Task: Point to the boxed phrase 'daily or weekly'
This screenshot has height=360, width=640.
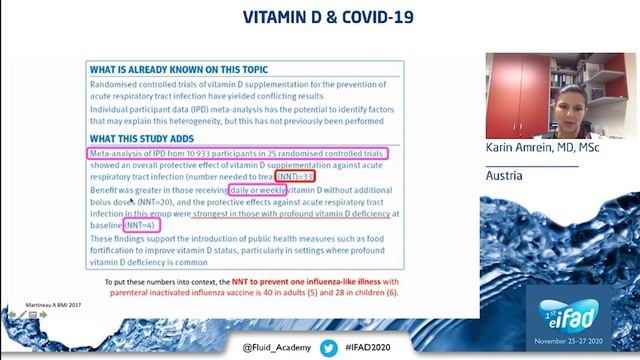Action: tap(257, 189)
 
